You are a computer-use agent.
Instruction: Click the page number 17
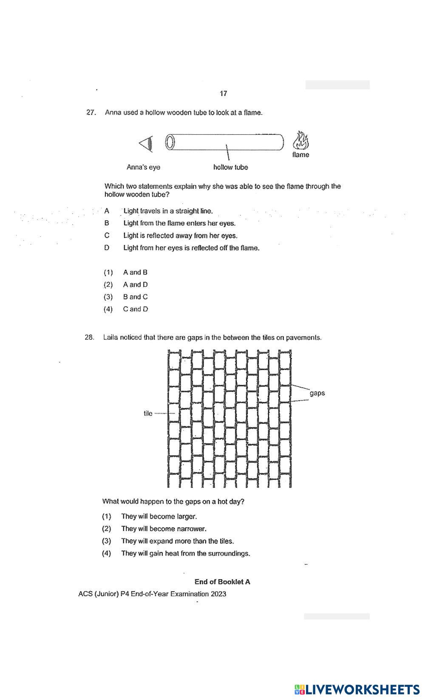(x=224, y=94)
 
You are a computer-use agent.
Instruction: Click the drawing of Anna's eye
(x=146, y=143)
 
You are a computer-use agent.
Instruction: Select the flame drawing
(x=301, y=141)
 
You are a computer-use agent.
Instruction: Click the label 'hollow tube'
(x=230, y=167)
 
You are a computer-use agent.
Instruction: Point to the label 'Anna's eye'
(x=143, y=167)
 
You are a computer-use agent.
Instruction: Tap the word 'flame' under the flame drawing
(x=300, y=155)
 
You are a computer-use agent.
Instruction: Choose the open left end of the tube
(x=170, y=142)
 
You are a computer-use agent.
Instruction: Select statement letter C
(x=107, y=235)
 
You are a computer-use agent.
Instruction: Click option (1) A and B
(x=135, y=272)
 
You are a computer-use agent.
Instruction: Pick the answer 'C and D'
(x=136, y=309)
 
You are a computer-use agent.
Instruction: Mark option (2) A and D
(x=135, y=285)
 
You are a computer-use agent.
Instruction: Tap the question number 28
(x=90, y=337)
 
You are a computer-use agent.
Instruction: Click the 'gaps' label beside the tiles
(x=317, y=393)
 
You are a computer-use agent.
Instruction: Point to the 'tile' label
(x=148, y=413)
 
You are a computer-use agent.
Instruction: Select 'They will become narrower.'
(x=164, y=529)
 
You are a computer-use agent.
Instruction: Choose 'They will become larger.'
(x=159, y=516)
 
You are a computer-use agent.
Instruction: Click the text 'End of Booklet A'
(x=222, y=582)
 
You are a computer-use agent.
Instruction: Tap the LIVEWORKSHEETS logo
(x=357, y=689)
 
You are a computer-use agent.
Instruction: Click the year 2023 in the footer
(x=218, y=594)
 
